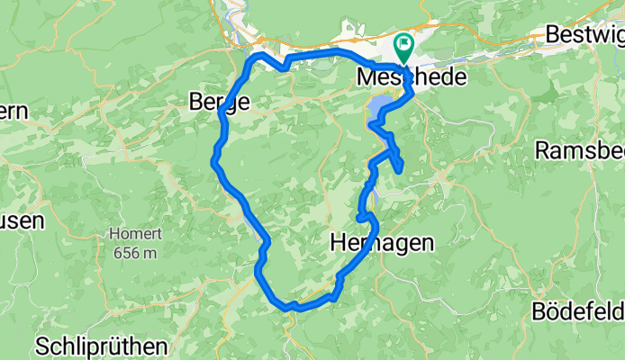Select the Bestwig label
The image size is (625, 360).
(x=584, y=34)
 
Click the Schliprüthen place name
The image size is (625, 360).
(x=102, y=346)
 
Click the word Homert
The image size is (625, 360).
(x=134, y=234)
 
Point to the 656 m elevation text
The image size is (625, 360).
(x=135, y=252)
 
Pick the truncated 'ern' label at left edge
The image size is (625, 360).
(x=15, y=111)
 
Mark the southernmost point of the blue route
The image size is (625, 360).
(x=292, y=308)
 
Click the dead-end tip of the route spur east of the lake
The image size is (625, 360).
(x=399, y=168)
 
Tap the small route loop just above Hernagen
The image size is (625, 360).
(x=363, y=214)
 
